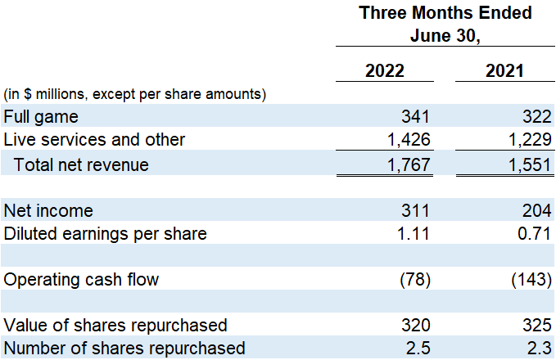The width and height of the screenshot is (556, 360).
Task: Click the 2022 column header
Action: click(384, 70)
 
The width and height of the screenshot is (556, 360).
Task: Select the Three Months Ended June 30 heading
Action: click(445, 25)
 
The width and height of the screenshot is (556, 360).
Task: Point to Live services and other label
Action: click(95, 140)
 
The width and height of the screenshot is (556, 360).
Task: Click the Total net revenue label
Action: click(81, 164)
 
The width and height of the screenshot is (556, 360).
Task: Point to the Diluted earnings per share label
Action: click(105, 234)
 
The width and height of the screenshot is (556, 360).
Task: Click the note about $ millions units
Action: click(135, 93)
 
